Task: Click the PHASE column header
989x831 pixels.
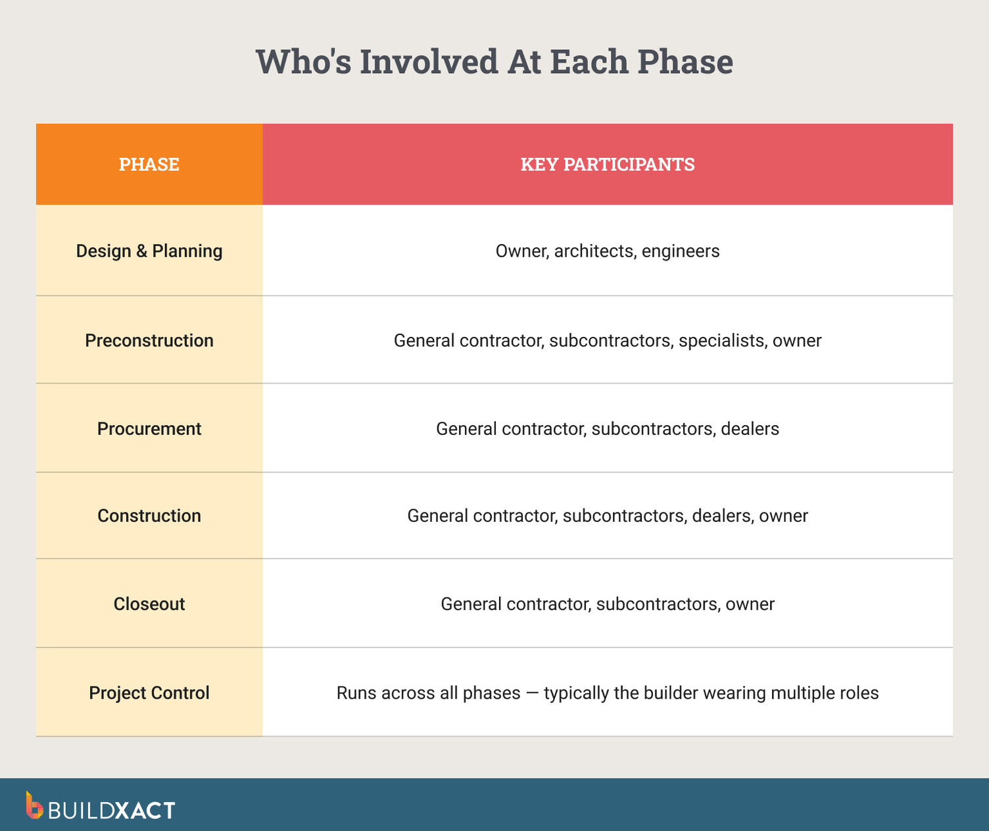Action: coord(149,164)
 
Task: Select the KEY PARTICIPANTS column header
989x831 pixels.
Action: coord(608,164)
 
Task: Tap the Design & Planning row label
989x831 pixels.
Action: coord(149,251)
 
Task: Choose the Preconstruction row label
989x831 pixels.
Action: coord(149,341)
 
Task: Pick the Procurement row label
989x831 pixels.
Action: coord(149,429)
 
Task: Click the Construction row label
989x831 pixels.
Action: coord(149,516)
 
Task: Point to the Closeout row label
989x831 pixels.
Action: coord(149,604)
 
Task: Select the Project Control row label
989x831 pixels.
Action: coord(149,693)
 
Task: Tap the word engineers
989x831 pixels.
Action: coord(681,251)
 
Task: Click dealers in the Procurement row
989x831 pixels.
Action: coord(750,429)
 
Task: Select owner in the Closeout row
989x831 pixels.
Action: coord(750,604)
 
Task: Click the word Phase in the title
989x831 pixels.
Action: coord(685,62)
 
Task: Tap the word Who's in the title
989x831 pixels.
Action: coord(303,62)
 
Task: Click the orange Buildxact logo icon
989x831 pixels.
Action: coord(34,805)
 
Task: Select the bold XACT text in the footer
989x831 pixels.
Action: coord(145,810)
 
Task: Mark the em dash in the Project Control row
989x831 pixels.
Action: coord(532,693)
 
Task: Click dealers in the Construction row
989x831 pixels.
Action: coord(721,516)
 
